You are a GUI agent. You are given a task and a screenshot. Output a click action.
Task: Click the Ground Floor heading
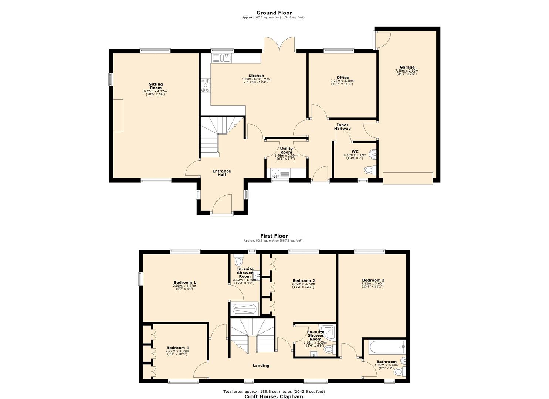[x=274, y=13]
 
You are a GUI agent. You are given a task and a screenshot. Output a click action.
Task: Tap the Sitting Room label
[x=156, y=86]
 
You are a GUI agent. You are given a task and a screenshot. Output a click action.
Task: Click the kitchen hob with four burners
[x=206, y=85]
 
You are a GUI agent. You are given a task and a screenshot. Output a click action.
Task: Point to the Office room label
[x=342, y=78]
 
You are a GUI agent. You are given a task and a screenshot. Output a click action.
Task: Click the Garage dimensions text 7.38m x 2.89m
[x=407, y=71]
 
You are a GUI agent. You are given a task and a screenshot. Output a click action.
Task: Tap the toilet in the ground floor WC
[x=370, y=170]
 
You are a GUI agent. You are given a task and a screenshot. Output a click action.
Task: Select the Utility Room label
[x=286, y=150]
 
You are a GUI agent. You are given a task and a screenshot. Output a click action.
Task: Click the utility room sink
[x=275, y=173]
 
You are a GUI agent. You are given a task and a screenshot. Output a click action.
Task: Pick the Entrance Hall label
[x=221, y=173]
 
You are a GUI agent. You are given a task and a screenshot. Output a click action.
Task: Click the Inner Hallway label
[x=342, y=127]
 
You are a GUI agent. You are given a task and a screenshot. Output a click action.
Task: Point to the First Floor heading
[x=274, y=236]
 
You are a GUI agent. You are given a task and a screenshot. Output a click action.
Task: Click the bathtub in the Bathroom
[x=387, y=348]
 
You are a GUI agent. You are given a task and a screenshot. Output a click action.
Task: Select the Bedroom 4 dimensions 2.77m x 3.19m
[x=177, y=351]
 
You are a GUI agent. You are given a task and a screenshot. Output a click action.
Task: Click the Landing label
[x=261, y=365]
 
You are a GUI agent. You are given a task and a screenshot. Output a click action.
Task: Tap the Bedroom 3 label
[x=373, y=280]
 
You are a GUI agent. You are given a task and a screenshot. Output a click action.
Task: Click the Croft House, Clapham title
[x=274, y=396]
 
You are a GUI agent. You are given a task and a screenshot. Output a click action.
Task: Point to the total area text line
[x=274, y=391]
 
